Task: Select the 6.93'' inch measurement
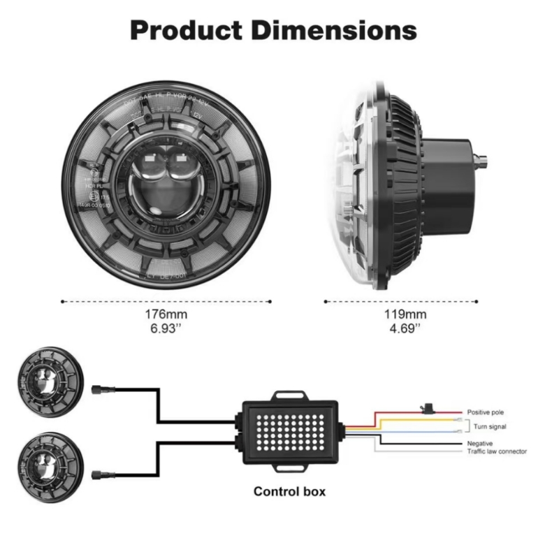click(x=166, y=327)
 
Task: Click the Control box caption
click(x=289, y=491)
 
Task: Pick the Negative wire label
click(x=481, y=444)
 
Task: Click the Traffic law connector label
click(x=497, y=452)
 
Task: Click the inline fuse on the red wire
click(x=425, y=405)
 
